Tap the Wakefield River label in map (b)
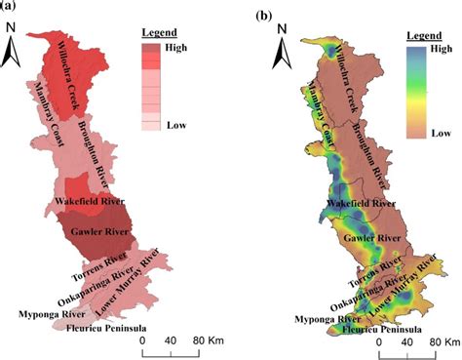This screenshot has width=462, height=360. coord(363,202)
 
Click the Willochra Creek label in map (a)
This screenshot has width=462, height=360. coord(75,78)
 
